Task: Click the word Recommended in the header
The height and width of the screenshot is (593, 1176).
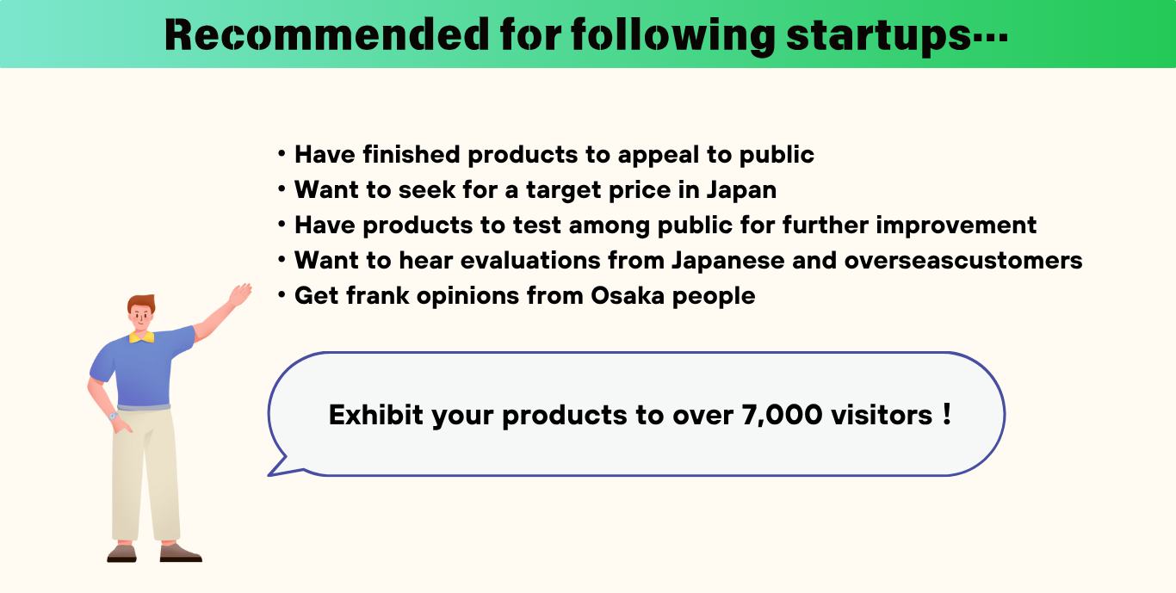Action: (326, 34)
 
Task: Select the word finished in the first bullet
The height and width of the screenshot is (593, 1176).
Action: (411, 154)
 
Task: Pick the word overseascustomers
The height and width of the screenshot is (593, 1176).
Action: (963, 260)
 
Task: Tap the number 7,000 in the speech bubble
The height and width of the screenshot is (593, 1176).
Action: (782, 415)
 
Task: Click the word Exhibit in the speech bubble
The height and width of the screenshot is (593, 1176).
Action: (375, 415)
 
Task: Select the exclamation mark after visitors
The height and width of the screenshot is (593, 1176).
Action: (947, 413)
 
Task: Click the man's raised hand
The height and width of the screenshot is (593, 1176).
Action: (240, 294)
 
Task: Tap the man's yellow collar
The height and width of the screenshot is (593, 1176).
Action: (142, 337)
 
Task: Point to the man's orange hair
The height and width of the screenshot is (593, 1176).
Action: (142, 302)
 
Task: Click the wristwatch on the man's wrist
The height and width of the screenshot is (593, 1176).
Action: (113, 417)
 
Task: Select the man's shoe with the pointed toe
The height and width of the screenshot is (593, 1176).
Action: (181, 553)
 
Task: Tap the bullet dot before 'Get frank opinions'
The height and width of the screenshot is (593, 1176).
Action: (282, 295)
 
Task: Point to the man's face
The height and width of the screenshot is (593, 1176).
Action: (140, 317)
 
